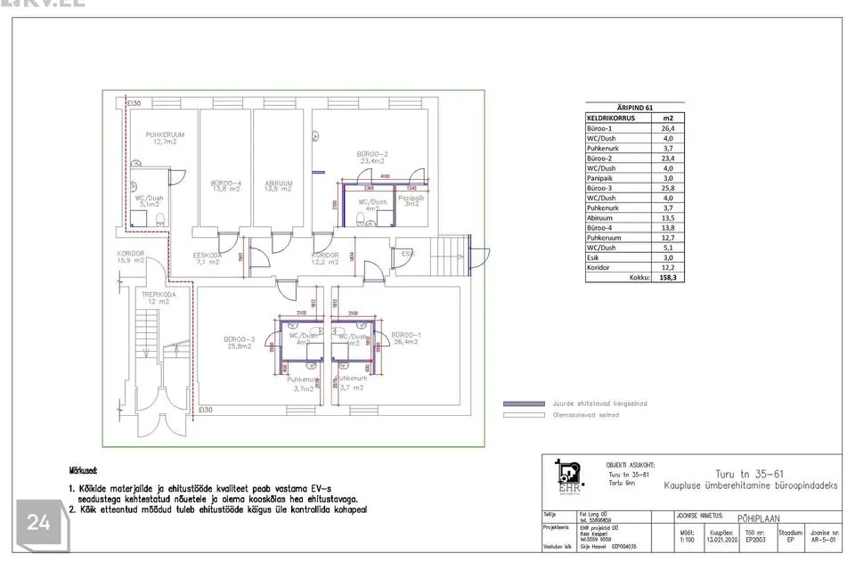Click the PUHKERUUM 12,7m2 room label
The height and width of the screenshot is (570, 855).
pos(165,138)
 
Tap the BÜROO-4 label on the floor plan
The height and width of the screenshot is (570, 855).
pos(226,186)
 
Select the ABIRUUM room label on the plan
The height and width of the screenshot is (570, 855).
pos(279,186)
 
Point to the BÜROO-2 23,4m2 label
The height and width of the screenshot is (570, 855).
pos(372,158)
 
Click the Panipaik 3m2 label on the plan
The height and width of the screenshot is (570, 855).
pos(411,201)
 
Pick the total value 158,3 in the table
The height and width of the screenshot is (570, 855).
pos(667,277)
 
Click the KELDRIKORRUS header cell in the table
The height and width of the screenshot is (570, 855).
pos(610,118)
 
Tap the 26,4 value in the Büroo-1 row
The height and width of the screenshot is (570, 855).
pos(667,128)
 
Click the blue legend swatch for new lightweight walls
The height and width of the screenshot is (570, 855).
pos(524,403)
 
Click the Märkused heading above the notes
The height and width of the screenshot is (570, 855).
pos(84,469)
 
